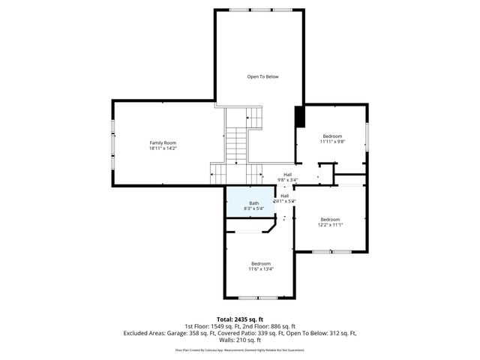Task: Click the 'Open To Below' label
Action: point(263,76)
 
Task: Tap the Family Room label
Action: point(163,142)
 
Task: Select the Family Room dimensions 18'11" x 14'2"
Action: point(163,148)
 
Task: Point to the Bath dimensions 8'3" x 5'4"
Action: point(254,208)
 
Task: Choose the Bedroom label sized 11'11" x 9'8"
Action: point(331,136)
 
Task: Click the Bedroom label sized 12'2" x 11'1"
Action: point(331,220)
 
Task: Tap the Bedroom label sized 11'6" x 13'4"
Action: point(261,263)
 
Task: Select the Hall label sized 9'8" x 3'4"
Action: point(287,175)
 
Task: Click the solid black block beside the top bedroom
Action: point(300,118)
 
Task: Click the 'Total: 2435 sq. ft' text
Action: point(239,319)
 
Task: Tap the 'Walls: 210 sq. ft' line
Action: point(240,340)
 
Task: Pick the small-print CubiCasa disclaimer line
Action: point(239,349)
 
